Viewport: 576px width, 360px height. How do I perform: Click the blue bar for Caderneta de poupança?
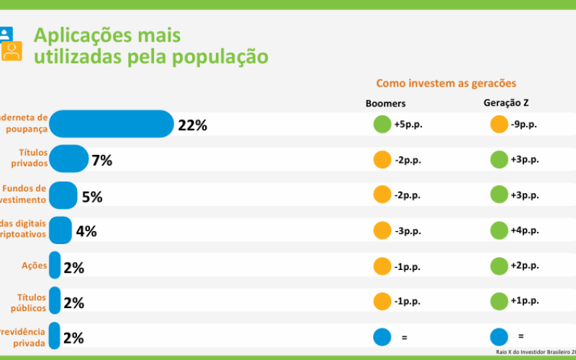(x=112, y=124)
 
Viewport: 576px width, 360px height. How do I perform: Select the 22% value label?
(x=192, y=125)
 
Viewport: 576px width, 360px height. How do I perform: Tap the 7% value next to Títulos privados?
(x=102, y=161)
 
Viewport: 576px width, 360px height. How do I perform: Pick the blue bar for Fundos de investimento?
(x=63, y=195)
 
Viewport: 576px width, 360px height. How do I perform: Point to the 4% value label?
(x=86, y=231)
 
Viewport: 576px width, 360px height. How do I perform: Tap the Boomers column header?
(x=386, y=104)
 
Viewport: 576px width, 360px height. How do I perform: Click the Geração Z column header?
(x=507, y=103)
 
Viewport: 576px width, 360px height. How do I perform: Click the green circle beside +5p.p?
(x=382, y=124)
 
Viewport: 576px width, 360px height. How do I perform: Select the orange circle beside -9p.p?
(x=498, y=124)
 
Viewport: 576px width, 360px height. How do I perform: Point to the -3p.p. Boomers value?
(x=408, y=230)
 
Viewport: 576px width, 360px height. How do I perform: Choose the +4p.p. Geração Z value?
(x=524, y=230)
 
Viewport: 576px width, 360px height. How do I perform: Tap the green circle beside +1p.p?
(x=498, y=301)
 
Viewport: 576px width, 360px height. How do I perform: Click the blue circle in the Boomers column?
(x=382, y=336)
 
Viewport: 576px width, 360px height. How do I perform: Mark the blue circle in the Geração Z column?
(x=498, y=336)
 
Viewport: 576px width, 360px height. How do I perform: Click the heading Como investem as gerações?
(x=446, y=84)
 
